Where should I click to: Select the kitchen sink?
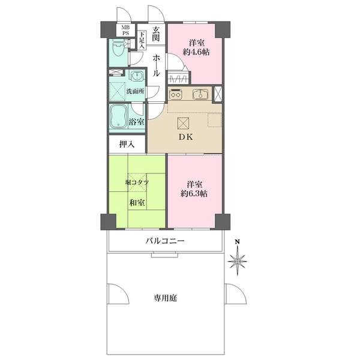(x=199, y=94)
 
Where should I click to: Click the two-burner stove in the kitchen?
(x=176, y=94)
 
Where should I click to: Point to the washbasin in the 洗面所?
(x=136, y=77)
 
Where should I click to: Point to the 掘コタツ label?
(x=137, y=182)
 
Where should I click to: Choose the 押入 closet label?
(x=127, y=144)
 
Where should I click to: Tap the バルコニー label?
(x=164, y=241)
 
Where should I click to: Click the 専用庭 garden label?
(x=165, y=298)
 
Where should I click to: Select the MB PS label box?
(x=125, y=31)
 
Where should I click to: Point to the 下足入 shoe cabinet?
(x=142, y=40)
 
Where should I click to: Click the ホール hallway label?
(x=156, y=65)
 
